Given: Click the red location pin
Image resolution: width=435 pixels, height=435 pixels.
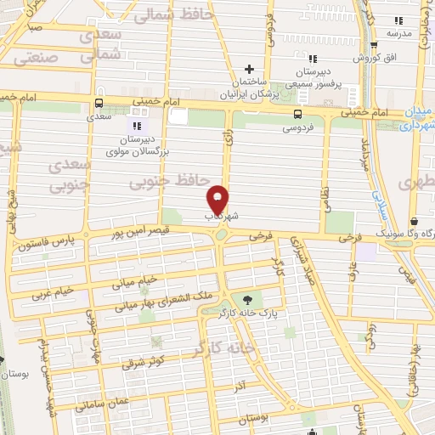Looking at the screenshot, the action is pyautogui.click(x=218, y=200).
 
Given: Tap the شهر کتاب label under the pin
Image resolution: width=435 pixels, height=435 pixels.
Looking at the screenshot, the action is pyautogui.click(x=218, y=217).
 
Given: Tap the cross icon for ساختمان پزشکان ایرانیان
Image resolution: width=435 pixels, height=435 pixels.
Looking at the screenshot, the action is pyautogui.click(x=249, y=70).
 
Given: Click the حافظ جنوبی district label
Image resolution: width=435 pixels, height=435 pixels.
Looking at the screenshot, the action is pyautogui.click(x=169, y=182).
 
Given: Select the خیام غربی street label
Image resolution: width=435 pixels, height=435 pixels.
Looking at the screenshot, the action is pyautogui.click(x=52, y=294).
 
